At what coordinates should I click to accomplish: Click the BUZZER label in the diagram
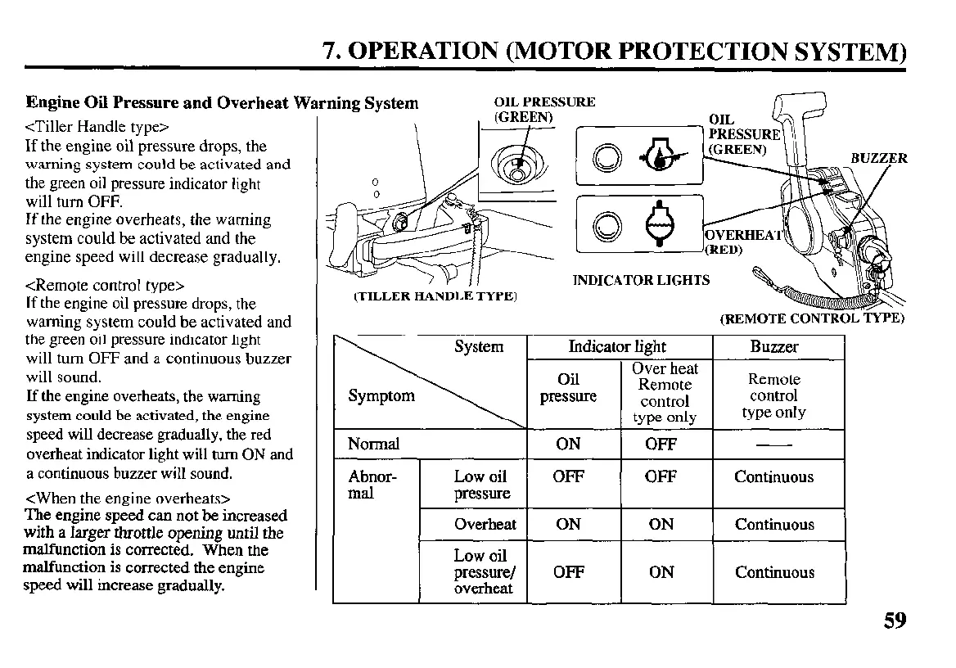878,158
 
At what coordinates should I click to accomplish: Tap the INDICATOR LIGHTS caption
641,281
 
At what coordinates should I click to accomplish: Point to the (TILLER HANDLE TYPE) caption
435,296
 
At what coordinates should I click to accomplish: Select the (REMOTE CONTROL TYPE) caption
812,318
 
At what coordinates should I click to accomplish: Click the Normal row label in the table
373,445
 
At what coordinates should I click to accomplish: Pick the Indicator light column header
617,346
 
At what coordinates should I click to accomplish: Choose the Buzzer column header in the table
773,346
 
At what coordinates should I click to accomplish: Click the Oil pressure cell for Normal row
568,445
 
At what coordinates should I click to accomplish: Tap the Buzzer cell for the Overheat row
773,525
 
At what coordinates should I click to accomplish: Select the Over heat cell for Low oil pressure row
661,476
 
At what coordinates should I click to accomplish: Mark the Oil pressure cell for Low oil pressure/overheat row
568,572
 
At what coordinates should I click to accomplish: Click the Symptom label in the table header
381,396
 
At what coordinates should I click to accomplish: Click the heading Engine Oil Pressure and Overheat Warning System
222,103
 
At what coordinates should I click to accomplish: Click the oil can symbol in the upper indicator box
660,156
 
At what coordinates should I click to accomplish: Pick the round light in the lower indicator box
607,223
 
